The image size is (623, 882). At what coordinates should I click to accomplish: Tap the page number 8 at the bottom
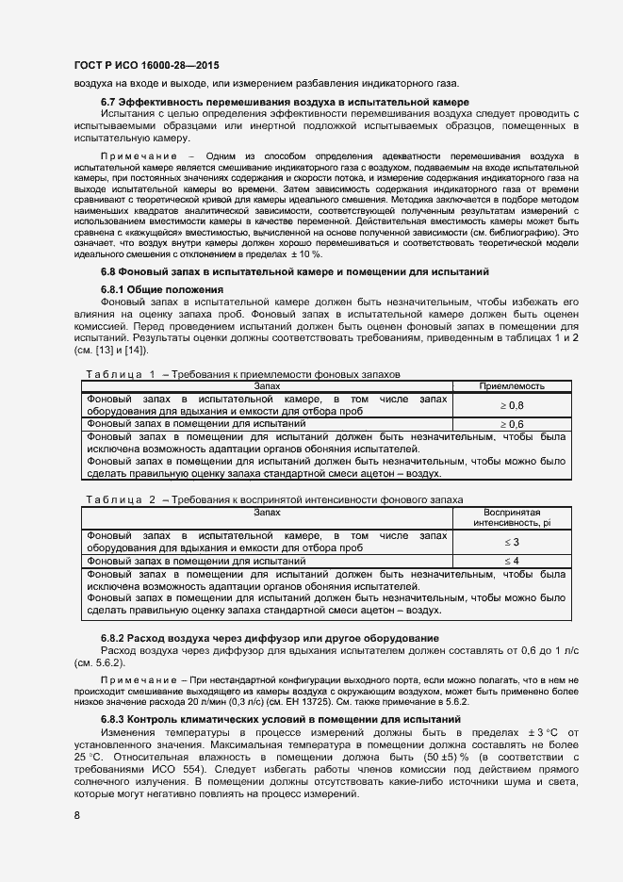[x=76, y=814]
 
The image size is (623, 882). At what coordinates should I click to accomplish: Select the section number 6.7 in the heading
[x=108, y=102]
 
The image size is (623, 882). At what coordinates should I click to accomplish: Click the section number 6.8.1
[x=114, y=288]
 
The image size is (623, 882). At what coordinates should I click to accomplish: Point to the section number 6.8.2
[x=114, y=639]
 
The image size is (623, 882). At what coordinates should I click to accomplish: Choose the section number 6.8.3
[x=114, y=719]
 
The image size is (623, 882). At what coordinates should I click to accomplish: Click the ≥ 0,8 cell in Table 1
[x=512, y=405]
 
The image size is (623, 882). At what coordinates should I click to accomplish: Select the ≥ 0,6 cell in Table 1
[x=512, y=425]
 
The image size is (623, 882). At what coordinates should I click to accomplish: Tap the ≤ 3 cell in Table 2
[x=512, y=542]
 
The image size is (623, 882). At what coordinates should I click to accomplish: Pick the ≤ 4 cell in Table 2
[x=512, y=562]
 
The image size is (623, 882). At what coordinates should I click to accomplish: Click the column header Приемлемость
[x=512, y=385]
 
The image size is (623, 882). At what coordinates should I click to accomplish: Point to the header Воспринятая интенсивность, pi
[x=512, y=516]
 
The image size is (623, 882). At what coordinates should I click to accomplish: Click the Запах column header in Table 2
[x=267, y=511]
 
